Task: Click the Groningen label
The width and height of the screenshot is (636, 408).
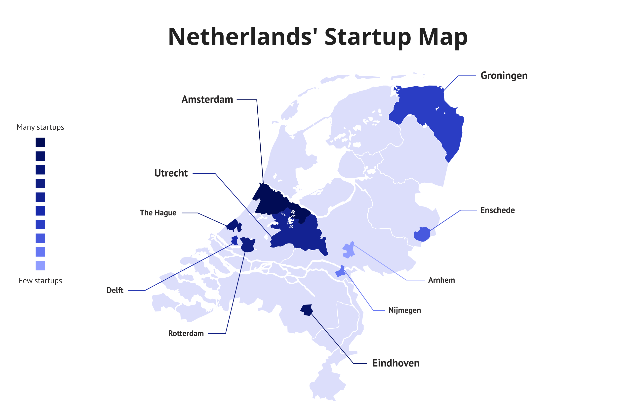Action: [504, 76]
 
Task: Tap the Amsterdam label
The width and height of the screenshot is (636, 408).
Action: [207, 100]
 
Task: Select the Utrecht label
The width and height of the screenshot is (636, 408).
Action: [171, 173]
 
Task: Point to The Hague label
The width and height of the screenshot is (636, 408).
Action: [158, 213]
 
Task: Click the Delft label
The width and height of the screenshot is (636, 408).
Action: [115, 290]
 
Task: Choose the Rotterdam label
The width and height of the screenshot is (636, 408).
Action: [186, 334]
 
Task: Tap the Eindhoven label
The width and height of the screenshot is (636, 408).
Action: [396, 363]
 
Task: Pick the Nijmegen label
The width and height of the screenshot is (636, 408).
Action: [404, 310]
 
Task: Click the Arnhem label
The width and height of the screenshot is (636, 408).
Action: [441, 280]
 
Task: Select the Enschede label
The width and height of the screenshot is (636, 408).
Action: [497, 210]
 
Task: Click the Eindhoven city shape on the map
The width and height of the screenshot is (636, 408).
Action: [307, 310]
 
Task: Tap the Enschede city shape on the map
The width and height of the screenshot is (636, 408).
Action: [422, 234]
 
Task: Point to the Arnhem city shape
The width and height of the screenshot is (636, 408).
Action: [349, 250]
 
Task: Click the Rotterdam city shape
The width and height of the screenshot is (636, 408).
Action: [248, 245]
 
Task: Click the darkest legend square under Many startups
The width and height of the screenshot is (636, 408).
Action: [40, 142]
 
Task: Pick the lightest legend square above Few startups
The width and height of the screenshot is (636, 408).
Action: [40, 265]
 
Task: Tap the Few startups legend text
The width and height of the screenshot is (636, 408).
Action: [40, 281]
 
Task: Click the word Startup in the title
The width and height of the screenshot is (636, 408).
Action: [368, 37]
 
